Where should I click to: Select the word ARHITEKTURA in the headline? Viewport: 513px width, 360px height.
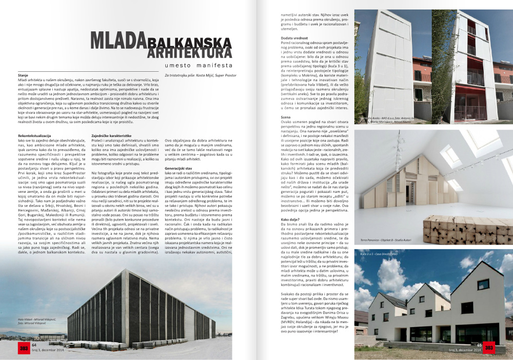pyautogui.click(x=185, y=53)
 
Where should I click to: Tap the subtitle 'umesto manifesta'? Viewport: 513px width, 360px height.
pyautogui.click(x=202, y=66)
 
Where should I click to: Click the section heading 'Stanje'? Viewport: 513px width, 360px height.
pyautogui.click(x=23, y=75)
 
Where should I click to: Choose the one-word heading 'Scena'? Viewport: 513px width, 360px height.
pyautogui.click(x=286, y=117)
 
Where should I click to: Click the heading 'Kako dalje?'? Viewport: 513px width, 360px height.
pyautogui.click(x=291, y=219)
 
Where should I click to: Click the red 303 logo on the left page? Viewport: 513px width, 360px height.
pyautogui.click(x=24, y=348)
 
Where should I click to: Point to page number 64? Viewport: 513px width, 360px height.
pyautogui.click(x=34, y=345)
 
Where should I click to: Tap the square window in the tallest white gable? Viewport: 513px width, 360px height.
pyautogui.click(x=483, y=284)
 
